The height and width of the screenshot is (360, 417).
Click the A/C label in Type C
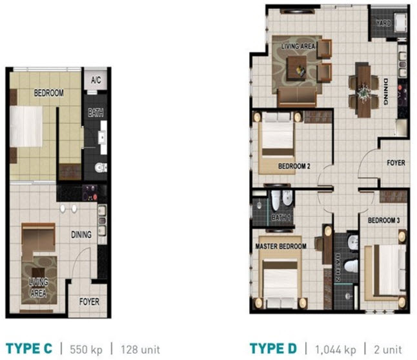(96, 81)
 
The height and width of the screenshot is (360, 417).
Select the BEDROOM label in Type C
(49, 94)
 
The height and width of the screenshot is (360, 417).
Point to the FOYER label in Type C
(89, 301)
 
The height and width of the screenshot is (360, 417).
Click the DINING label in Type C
(81, 235)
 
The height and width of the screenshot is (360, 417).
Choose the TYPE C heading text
(28, 350)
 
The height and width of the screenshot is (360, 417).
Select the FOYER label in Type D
(395, 163)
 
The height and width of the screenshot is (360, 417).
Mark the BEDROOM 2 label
(294, 166)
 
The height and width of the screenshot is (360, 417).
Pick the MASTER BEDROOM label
(280, 246)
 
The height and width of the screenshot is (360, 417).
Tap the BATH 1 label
(281, 217)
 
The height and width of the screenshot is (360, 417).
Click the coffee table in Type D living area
(298, 64)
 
